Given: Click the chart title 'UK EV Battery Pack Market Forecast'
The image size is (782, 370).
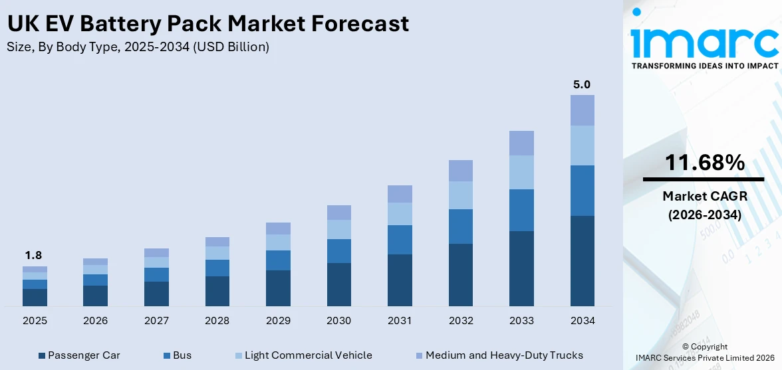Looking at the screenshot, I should [x=207, y=24].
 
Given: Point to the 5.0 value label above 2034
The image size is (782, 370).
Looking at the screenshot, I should [x=582, y=84].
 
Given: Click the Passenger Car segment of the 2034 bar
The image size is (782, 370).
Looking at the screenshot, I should [x=582, y=260].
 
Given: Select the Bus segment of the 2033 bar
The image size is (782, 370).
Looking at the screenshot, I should [x=521, y=210].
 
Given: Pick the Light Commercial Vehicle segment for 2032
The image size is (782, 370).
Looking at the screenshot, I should [x=460, y=195].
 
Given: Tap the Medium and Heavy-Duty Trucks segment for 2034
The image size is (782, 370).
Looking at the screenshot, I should [x=582, y=110].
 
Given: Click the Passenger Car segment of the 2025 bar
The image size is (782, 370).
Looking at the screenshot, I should [x=35, y=297].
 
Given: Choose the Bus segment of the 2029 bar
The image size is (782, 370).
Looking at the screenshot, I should [x=278, y=260].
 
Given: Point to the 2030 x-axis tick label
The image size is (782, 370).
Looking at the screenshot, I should [x=338, y=321].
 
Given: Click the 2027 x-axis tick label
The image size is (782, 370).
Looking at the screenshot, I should [x=156, y=321].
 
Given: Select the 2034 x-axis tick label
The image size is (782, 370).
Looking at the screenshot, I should [x=582, y=321].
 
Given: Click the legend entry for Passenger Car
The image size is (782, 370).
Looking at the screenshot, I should [x=80, y=355].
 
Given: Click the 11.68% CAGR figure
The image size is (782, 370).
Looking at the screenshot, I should [x=704, y=163].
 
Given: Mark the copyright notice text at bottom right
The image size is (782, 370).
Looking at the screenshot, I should [x=704, y=351].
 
